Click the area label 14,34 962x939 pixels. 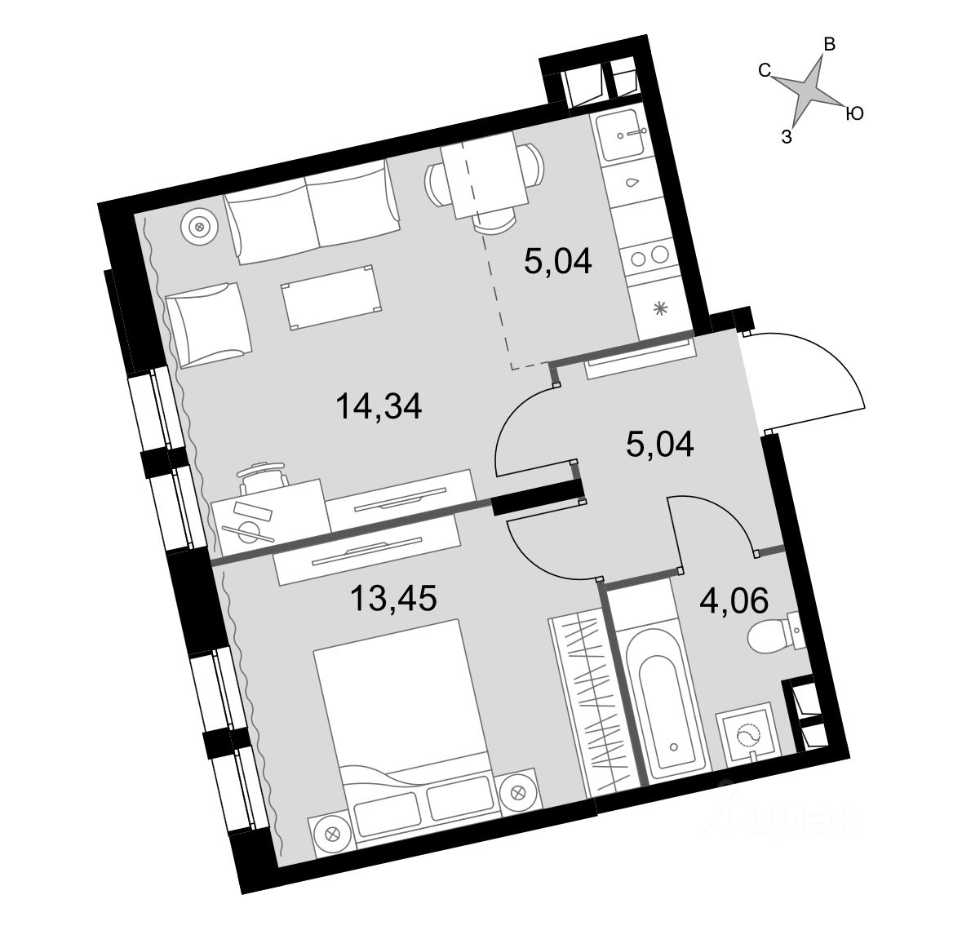[379, 405]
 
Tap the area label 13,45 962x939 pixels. [393, 599]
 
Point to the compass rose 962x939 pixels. [807, 89]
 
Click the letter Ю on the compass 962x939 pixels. [853, 114]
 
